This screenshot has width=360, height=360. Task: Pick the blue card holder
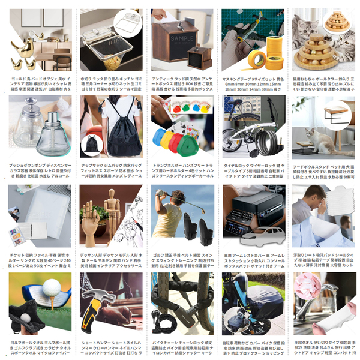pos(160,137)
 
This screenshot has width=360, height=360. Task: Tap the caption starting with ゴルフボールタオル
pos(36,340)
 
